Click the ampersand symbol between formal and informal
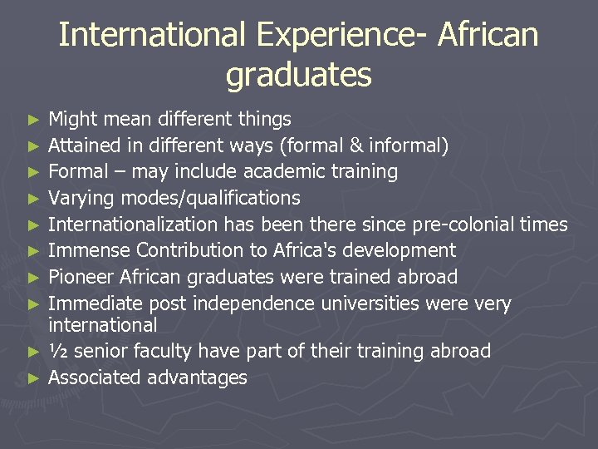[x=355, y=146]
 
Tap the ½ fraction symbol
[x=58, y=351]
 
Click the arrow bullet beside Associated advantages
[x=33, y=378]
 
